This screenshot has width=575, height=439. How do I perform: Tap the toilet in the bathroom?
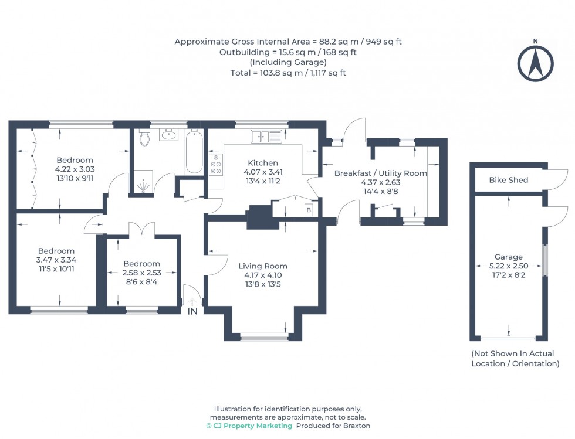coord(145,139)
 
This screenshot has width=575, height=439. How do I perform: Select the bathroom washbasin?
coord(170,135)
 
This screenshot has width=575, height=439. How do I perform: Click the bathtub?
coord(194,152)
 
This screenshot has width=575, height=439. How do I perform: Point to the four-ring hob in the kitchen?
coord(216,165)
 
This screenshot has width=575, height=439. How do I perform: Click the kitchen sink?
coord(267,137)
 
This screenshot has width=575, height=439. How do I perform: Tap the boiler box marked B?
coord(309,210)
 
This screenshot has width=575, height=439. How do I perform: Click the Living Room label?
coord(263,266)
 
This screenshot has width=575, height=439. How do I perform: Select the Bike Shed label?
coord(508,180)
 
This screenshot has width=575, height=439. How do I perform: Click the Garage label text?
coord(508,257)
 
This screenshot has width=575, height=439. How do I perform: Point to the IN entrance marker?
coord(192,311)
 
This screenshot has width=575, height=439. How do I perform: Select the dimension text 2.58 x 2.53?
coord(141,273)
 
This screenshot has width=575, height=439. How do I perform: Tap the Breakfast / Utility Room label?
coord(380,173)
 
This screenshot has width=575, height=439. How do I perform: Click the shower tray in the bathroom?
coord(143,183)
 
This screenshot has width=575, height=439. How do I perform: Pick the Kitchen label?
coord(262,163)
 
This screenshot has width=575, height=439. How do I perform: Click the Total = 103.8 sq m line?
coord(288,73)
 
